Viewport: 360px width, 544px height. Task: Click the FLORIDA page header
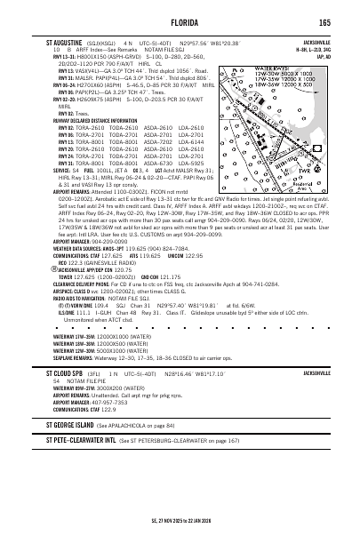click(x=180, y=22)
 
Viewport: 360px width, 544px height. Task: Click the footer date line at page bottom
click(x=180, y=533)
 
